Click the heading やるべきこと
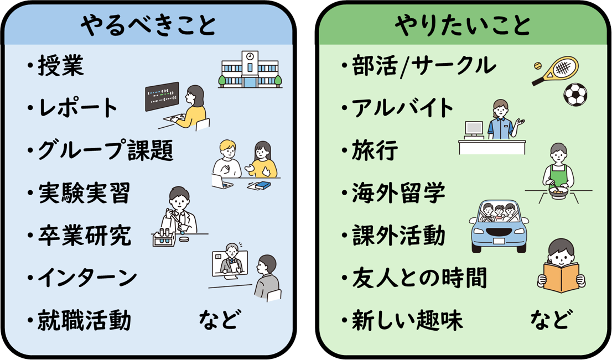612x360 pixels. click(x=148, y=25)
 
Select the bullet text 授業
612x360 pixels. click(x=60, y=67)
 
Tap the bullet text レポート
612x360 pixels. click(x=78, y=108)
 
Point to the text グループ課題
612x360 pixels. click(x=105, y=150)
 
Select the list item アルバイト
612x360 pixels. click(x=403, y=108)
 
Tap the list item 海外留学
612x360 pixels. click(x=398, y=193)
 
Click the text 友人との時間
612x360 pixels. click(x=419, y=278)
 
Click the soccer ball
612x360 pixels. click(x=575, y=95)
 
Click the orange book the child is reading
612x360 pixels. click(x=561, y=276)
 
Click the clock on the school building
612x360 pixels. click(x=250, y=56)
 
